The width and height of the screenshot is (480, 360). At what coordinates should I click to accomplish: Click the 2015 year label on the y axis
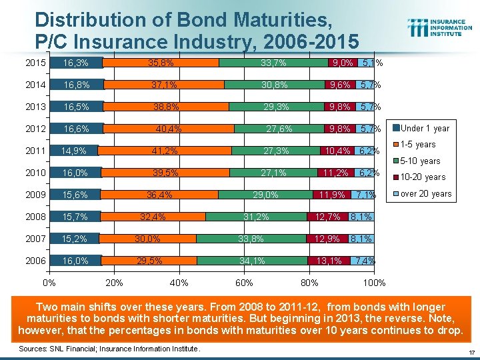coord(35,63)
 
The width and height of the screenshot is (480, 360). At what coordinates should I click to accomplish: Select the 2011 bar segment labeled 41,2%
coord(164,151)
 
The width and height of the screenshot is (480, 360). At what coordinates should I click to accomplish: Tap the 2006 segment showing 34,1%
coord(252,261)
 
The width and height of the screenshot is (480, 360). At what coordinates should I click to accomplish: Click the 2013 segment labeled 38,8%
coord(166,107)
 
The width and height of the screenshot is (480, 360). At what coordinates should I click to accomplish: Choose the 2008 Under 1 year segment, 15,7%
coord(75,217)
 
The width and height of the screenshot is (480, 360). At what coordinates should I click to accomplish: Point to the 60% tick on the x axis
coord(244,283)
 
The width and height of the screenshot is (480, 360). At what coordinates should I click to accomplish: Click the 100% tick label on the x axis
coord(374,283)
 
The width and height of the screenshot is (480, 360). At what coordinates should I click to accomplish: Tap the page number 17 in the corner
coord(471,352)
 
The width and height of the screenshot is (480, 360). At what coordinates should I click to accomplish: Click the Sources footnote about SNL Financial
coord(109,349)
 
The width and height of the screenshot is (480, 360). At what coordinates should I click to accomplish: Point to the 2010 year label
coord(35,173)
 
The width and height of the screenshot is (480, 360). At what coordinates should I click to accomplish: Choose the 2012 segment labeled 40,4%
coord(169,129)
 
